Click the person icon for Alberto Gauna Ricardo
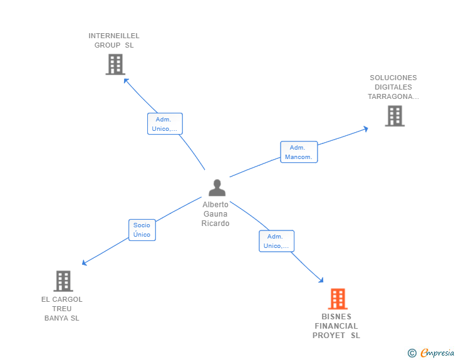(x=217, y=188)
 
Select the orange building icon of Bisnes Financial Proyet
(x=338, y=299)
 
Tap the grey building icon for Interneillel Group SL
(x=115, y=64)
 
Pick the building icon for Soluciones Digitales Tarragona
(x=395, y=116)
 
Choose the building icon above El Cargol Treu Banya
(x=63, y=281)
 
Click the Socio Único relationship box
(x=142, y=230)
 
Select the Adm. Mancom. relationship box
(x=299, y=152)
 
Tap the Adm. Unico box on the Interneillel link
(x=165, y=124)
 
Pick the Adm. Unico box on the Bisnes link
(x=276, y=241)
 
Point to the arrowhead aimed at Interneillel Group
(x=126, y=80)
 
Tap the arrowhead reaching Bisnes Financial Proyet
(x=321, y=280)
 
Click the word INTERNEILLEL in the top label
(x=114, y=36)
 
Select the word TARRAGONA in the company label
(x=390, y=96)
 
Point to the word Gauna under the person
(x=215, y=214)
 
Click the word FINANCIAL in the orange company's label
(x=336, y=326)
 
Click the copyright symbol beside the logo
(x=412, y=353)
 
